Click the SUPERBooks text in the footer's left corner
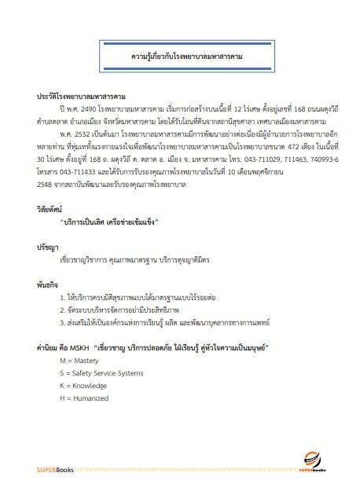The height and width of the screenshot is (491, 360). (x=40, y=470)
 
